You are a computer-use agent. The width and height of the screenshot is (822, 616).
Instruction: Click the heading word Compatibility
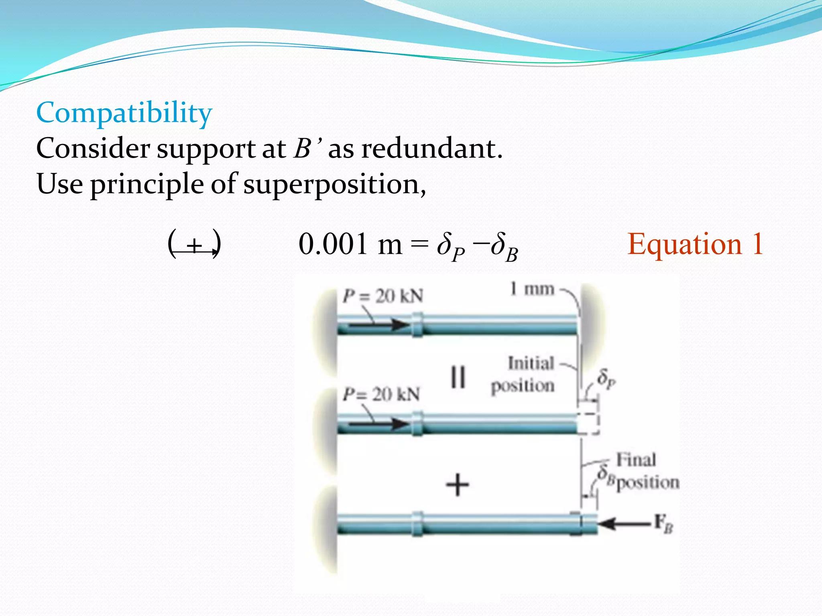(124, 113)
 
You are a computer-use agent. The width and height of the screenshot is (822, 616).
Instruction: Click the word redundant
(431, 149)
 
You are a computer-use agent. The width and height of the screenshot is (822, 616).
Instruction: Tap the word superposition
(334, 184)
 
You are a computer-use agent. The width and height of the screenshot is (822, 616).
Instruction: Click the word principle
(146, 184)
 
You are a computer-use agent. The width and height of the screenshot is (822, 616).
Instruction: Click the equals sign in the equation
(420, 244)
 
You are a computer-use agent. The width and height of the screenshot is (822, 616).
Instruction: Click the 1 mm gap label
(532, 289)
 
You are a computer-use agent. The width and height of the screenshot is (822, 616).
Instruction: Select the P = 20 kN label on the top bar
(383, 296)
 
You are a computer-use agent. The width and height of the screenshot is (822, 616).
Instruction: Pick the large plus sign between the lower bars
(458, 484)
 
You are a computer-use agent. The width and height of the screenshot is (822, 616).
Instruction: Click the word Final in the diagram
(636, 460)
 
